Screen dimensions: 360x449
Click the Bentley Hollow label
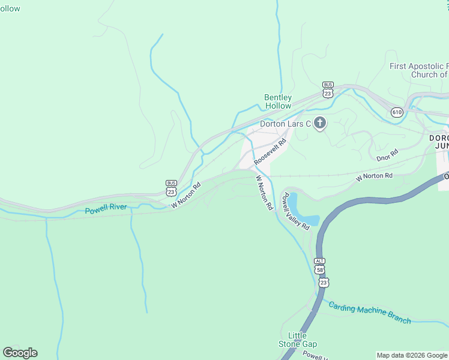pos(278,102)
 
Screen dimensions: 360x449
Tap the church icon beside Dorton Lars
pos(320,124)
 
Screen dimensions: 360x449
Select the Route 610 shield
pos(396,112)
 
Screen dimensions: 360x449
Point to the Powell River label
pos(106,210)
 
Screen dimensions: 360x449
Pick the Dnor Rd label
pos(387,156)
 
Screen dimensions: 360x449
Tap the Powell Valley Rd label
pos(296,211)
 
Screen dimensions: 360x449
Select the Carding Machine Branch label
pos(370,312)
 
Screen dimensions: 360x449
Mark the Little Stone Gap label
pos(298,340)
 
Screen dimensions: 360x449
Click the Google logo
pos(20,353)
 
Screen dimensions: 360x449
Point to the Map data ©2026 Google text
pos(411,355)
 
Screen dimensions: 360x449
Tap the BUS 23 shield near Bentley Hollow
pos(328,90)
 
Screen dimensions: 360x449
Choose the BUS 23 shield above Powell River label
pos(172,188)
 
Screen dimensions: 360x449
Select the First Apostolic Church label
pos(419,71)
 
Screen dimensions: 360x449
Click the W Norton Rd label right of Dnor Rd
pos(374,176)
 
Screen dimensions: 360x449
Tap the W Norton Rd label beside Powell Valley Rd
pos(264,192)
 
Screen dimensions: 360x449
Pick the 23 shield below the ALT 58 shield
pos(324,281)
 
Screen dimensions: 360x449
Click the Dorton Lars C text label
pos(285,124)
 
